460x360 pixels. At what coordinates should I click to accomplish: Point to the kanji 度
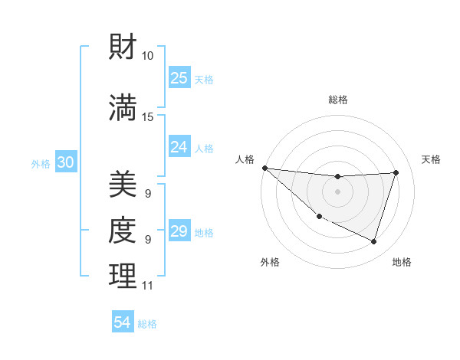[123, 230]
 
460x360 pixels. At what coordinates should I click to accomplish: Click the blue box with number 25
[179, 78]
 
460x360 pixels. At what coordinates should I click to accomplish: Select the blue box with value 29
[179, 231]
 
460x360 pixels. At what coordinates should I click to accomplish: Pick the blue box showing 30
[65, 162]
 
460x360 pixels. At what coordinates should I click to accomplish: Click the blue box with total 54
[123, 323]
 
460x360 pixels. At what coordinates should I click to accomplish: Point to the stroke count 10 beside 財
[148, 56]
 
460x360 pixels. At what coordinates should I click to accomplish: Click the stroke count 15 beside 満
[148, 116]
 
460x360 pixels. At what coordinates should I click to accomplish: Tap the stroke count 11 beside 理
[147, 286]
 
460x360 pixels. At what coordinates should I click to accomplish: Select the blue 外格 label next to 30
[41, 163]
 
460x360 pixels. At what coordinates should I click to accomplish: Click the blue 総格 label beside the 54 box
[147, 324]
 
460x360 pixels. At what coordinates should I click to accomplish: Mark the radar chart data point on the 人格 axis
[264, 168]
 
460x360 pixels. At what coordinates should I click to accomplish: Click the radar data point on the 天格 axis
[396, 172]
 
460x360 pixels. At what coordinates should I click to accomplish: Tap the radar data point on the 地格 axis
[374, 242]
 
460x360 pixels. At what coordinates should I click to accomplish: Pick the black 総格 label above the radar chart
[338, 100]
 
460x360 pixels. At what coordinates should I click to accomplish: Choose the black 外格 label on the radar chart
[270, 262]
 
